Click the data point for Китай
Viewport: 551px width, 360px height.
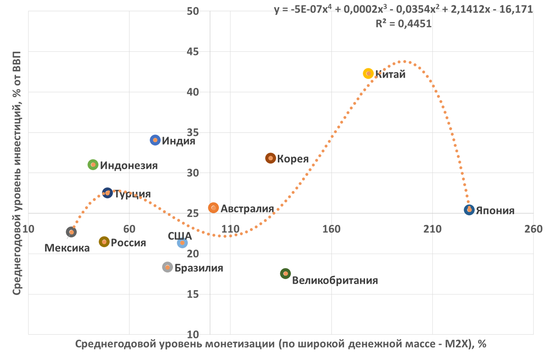pyautogui.click(x=369, y=73)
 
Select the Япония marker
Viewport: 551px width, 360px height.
pyautogui.click(x=469, y=210)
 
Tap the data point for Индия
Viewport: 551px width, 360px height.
pyautogui.click(x=155, y=140)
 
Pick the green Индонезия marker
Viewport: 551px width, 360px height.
pyautogui.click(x=93, y=165)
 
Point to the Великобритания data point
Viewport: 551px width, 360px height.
pyautogui.click(x=286, y=274)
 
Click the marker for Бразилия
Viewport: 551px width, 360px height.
pyautogui.click(x=167, y=267)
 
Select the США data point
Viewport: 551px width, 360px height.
pyautogui.click(x=182, y=243)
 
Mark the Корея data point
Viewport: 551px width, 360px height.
pyautogui.click(x=271, y=158)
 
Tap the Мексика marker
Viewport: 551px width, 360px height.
pyautogui.click(x=71, y=232)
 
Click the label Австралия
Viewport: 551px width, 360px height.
pyautogui.click(x=247, y=208)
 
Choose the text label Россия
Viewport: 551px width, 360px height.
pyautogui.click(x=128, y=243)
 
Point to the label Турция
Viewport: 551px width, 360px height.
pyautogui.click(x=132, y=194)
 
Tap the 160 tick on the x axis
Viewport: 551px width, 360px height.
pyautogui.click(x=331, y=229)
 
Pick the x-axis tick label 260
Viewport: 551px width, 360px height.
pyautogui.click(x=533, y=229)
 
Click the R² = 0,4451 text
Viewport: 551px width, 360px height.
pyautogui.click(x=404, y=24)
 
